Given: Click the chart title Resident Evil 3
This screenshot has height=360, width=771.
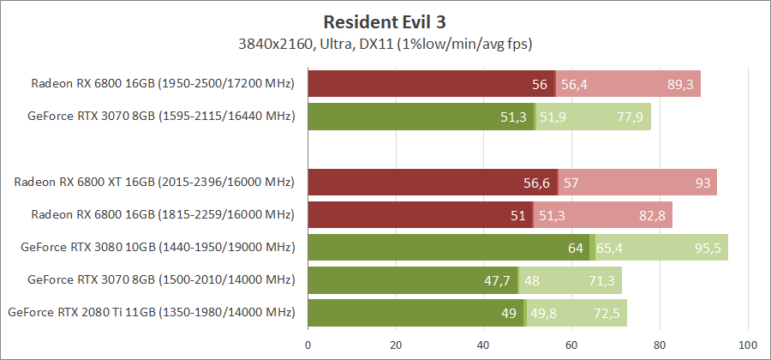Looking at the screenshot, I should tap(385, 20).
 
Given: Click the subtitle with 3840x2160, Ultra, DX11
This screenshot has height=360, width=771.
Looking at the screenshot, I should tap(385, 42).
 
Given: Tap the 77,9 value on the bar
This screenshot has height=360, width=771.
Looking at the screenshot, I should tap(631, 117).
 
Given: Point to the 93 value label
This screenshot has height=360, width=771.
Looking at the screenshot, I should tap(702, 183).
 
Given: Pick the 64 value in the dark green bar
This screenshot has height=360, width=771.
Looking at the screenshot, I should tap(576, 248).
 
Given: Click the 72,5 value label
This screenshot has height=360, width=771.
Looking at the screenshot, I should tap(607, 313).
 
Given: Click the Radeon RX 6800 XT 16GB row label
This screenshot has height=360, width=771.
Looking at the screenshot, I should tap(154, 183).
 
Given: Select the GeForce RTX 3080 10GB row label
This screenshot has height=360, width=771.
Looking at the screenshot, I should tap(158, 248).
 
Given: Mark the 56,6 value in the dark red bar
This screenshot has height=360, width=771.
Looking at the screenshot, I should tap(536, 183).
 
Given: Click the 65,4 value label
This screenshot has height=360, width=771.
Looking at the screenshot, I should tap(610, 248).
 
